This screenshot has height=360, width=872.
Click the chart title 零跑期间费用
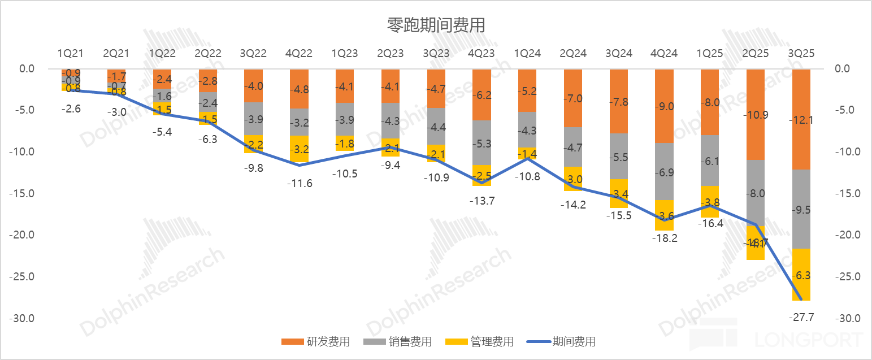coord(436,25)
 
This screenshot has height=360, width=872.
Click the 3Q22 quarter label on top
coord(253,54)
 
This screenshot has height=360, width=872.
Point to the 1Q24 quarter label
coord(527,54)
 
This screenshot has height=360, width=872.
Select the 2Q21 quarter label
coord(116,54)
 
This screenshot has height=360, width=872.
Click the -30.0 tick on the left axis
coord(21,318)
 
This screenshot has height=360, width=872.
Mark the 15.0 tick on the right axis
coord(848,193)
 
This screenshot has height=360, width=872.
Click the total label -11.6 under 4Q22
coord(299,183)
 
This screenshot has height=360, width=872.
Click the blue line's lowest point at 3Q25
coord(801,300)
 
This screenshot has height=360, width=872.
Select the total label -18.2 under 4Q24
coord(664,238)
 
